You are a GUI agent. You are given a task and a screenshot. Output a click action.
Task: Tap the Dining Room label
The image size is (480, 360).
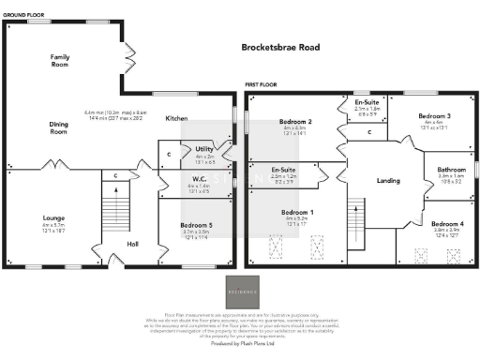60,128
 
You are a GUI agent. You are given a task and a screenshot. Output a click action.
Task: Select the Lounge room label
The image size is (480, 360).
52,217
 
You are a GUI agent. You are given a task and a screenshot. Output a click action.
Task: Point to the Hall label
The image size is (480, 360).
133,245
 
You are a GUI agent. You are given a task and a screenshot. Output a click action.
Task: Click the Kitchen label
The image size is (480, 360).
176,119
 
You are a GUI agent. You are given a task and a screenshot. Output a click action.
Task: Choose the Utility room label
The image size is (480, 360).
204,149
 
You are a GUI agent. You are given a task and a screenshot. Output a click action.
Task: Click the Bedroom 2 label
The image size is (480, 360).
295,123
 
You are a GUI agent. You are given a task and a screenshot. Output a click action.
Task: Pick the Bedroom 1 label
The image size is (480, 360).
297,212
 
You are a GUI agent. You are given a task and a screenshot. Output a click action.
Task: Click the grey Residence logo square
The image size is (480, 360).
239,292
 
